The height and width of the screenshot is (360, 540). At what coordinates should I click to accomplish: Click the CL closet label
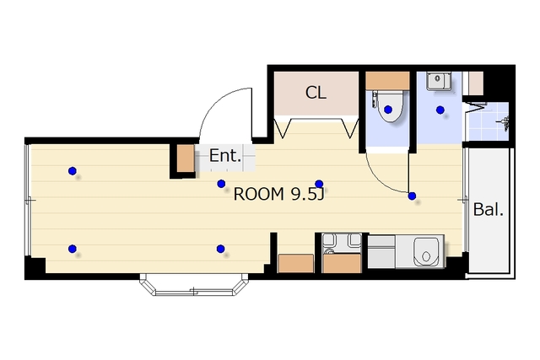click(x=316, y=92)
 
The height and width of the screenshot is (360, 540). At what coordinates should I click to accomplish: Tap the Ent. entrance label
click(x=225, y=156)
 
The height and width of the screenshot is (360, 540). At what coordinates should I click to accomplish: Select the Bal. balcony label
click(x=489, y=209)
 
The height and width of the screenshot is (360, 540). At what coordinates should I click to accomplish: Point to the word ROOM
click(x=259, y=194)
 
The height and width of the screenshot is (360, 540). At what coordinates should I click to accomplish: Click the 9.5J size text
click(x=307, y=195)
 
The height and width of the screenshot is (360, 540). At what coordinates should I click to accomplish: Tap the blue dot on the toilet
click(x=388, y=110)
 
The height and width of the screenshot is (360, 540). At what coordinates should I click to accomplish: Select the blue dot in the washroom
click(x=440, y=110)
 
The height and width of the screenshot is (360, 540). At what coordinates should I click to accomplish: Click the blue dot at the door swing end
click(x=412, y=196)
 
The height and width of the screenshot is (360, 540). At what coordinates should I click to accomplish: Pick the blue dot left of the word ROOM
click(x=221, y=184)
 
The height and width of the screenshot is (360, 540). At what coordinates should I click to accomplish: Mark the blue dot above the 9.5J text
click(x=319, y=184)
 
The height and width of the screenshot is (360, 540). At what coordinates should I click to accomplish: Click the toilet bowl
click(x=390, y=107)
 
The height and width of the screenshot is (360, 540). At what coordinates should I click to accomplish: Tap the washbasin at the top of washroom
click(x=439, y=81)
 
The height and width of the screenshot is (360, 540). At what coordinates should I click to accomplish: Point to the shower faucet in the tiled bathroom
click(x=505, y=123)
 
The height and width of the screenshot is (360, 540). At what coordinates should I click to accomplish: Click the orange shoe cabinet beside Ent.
click(x=186, y=159)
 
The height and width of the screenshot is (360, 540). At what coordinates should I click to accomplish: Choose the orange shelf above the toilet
click(x=387, y=81)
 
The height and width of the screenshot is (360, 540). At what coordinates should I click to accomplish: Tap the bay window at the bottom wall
click(x=194, y=285)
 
